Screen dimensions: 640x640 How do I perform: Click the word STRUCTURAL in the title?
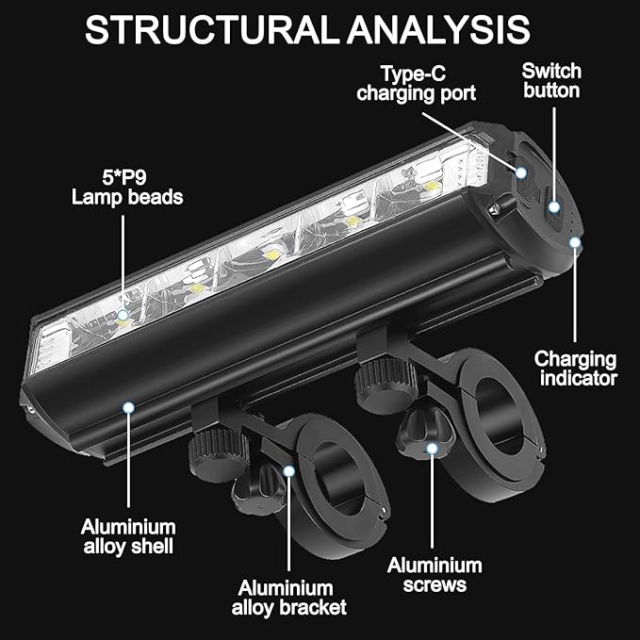212,29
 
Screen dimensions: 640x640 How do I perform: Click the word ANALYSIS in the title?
438,29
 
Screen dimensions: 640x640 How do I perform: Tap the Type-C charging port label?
416,84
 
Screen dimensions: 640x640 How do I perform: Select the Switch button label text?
551,81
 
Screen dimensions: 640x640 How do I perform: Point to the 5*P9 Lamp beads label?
127,188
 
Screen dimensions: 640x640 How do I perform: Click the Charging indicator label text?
576,369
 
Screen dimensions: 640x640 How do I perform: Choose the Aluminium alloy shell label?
128,536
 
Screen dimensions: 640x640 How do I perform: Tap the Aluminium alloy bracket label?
289,598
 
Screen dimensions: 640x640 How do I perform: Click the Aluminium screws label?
435,575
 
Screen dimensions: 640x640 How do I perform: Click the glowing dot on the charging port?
521,172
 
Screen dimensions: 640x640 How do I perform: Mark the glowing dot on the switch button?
554,207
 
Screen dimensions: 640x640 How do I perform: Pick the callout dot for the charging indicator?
575,242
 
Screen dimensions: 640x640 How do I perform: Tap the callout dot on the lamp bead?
123,315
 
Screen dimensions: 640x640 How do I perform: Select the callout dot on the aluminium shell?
128,407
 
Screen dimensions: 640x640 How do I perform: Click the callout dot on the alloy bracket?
289,471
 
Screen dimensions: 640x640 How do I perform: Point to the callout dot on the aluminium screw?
432,449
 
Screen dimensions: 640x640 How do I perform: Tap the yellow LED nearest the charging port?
430,187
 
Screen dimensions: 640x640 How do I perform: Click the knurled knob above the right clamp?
386,384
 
